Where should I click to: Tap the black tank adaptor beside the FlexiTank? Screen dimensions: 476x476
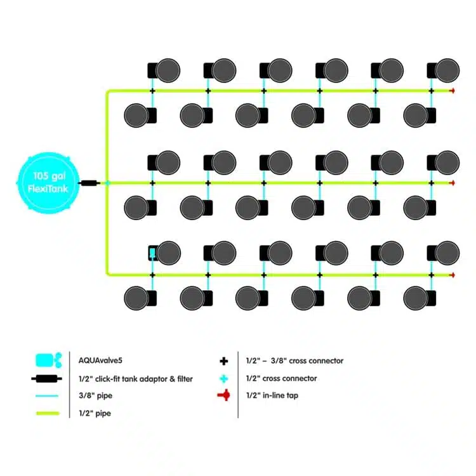coord(89,183)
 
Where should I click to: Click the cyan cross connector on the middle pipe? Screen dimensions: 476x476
coord(107,183)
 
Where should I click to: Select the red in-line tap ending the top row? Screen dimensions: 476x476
coord(452,91)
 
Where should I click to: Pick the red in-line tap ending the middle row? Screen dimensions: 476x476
coord(452,183)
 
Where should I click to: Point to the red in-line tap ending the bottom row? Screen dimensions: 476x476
coord(452,275)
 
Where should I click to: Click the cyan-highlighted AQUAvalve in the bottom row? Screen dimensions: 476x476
coord(152,253)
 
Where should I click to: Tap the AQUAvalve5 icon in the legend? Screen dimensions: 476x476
coord(48,360)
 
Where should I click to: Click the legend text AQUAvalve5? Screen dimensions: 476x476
coord(95,360)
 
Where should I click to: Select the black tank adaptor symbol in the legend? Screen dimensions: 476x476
coord(48,379)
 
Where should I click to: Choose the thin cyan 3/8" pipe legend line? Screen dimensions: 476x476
coord(48,396)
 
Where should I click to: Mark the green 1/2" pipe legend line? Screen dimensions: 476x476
coord(48,414)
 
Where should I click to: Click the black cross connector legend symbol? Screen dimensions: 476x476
coord(223,361)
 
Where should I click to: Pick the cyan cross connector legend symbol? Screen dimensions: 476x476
coord(223,379)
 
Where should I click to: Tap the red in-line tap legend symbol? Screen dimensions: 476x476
coord(223,396)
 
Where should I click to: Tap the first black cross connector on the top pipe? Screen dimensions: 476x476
coord(152,91)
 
